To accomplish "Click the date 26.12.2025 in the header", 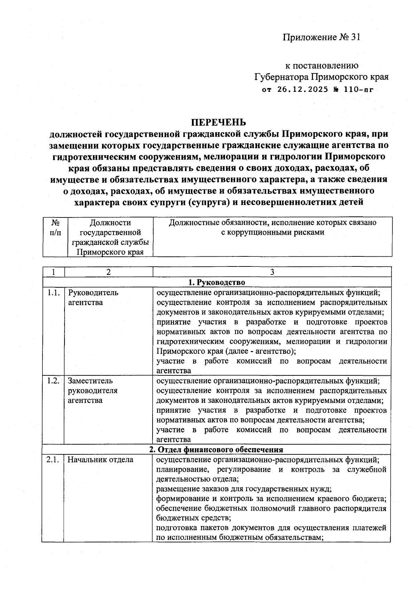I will point(303,89).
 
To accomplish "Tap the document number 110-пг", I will point(358,89).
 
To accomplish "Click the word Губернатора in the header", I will point(281,77).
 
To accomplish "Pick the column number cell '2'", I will point(108,272).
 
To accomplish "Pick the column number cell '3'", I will point(272,272).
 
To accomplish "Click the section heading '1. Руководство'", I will point(217,282).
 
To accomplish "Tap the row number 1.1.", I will point(53,293).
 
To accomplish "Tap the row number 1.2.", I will point(53,381).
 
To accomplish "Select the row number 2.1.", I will point(53,460).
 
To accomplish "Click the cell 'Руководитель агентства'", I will point(93,297).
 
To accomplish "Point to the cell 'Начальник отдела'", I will point(100,460).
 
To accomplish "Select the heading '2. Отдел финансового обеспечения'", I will point(216,449).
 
